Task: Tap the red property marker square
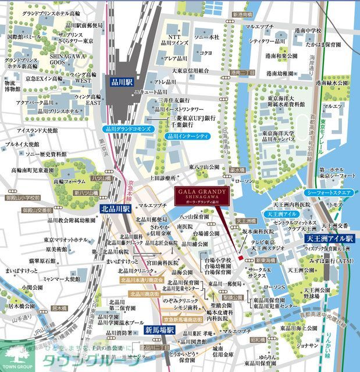coord(240,257)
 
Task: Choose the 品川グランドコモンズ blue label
coord(129,128)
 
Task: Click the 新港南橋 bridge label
coord(241,14)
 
